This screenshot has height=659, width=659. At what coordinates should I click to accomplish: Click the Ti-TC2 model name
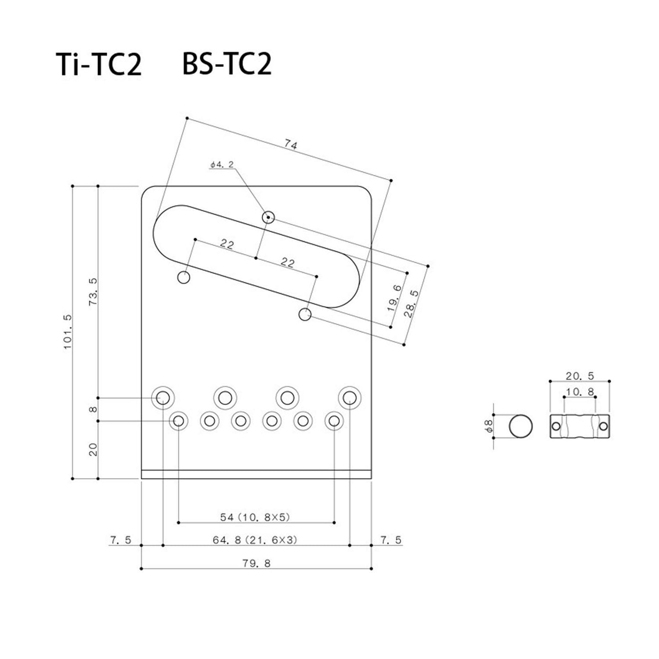[99, 64]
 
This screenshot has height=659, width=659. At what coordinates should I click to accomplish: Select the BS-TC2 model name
[227, 64]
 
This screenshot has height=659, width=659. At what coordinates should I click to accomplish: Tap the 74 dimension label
[291, 145]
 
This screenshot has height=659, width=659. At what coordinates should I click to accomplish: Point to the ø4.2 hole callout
[222, 165]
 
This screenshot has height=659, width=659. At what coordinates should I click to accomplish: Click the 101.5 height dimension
[67, 332]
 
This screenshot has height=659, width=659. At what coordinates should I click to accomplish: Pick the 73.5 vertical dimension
[93, 292]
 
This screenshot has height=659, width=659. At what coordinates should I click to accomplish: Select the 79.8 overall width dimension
[256, 563]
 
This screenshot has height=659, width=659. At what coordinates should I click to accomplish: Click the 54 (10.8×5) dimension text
[255, 518]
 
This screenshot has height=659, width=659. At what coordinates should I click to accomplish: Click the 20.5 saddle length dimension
[580, 376]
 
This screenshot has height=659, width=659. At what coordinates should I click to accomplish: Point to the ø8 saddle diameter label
[489, 426]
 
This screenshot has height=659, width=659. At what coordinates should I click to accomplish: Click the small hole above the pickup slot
[269, 217]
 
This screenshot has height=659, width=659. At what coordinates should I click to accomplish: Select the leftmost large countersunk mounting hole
[163, 398]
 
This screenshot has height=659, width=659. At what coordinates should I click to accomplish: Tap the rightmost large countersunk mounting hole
[350, 398]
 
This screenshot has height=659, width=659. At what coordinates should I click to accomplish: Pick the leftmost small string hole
[178, 421]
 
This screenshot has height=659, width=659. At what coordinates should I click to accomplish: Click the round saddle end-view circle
[521, 426]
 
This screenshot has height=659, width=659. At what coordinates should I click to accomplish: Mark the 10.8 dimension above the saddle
[580, 392]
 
